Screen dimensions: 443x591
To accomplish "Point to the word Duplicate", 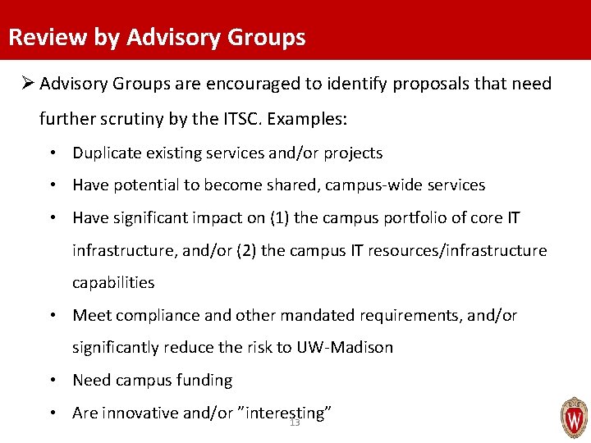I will [x=105, y=153].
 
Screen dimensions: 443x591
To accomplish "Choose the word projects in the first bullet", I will [x=353, y=153].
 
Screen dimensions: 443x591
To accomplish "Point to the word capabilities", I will [x=113, y=283].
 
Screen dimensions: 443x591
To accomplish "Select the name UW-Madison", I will [x=346, y=348].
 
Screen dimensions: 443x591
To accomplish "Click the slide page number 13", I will [x=295, y=422].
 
